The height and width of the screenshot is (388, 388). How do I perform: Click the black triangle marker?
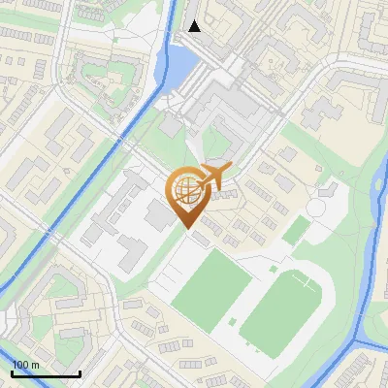coord(195,26)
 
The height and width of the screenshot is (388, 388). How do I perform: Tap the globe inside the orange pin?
coord(185,191)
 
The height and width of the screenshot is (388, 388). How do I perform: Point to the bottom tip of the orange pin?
coord(186,227)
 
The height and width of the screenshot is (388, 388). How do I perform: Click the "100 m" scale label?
coord(25,365)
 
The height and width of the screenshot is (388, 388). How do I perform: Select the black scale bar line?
coord(46,373)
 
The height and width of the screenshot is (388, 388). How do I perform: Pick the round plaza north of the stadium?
coord(317,207)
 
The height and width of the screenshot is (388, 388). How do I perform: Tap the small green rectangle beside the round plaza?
coord(297,230)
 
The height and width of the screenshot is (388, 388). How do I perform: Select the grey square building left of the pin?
coord(156,215)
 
